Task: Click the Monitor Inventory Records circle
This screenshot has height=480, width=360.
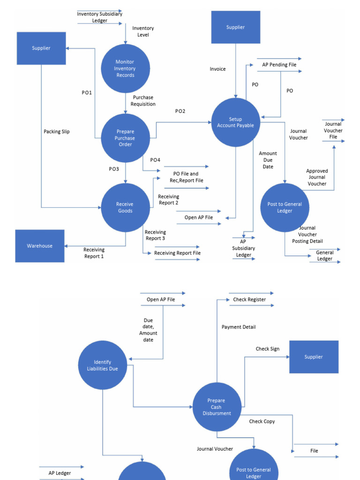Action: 125,68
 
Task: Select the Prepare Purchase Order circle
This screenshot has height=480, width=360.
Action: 125,138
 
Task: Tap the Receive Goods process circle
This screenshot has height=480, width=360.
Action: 125,208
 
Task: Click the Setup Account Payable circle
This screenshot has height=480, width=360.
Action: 235,122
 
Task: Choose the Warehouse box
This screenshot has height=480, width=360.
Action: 40,246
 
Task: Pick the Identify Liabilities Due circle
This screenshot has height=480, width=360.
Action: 103,365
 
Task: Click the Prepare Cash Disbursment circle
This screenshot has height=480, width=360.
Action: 217,407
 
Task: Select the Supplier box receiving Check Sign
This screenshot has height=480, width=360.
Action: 314,357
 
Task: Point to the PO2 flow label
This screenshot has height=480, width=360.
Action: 180,111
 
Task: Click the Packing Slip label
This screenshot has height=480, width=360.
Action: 57,132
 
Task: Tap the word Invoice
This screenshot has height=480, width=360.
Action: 217,69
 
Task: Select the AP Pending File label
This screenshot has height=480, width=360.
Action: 279,65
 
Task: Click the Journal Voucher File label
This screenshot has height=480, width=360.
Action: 333,130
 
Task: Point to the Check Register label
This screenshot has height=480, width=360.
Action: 249,300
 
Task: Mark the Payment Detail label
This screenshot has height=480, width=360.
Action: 239,327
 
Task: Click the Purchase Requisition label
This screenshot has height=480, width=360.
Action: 143,101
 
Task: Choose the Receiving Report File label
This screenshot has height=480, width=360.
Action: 177,253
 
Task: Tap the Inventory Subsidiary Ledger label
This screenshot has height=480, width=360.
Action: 99,17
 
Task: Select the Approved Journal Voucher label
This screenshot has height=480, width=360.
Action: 317,177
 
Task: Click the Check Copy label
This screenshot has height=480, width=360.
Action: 262,421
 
